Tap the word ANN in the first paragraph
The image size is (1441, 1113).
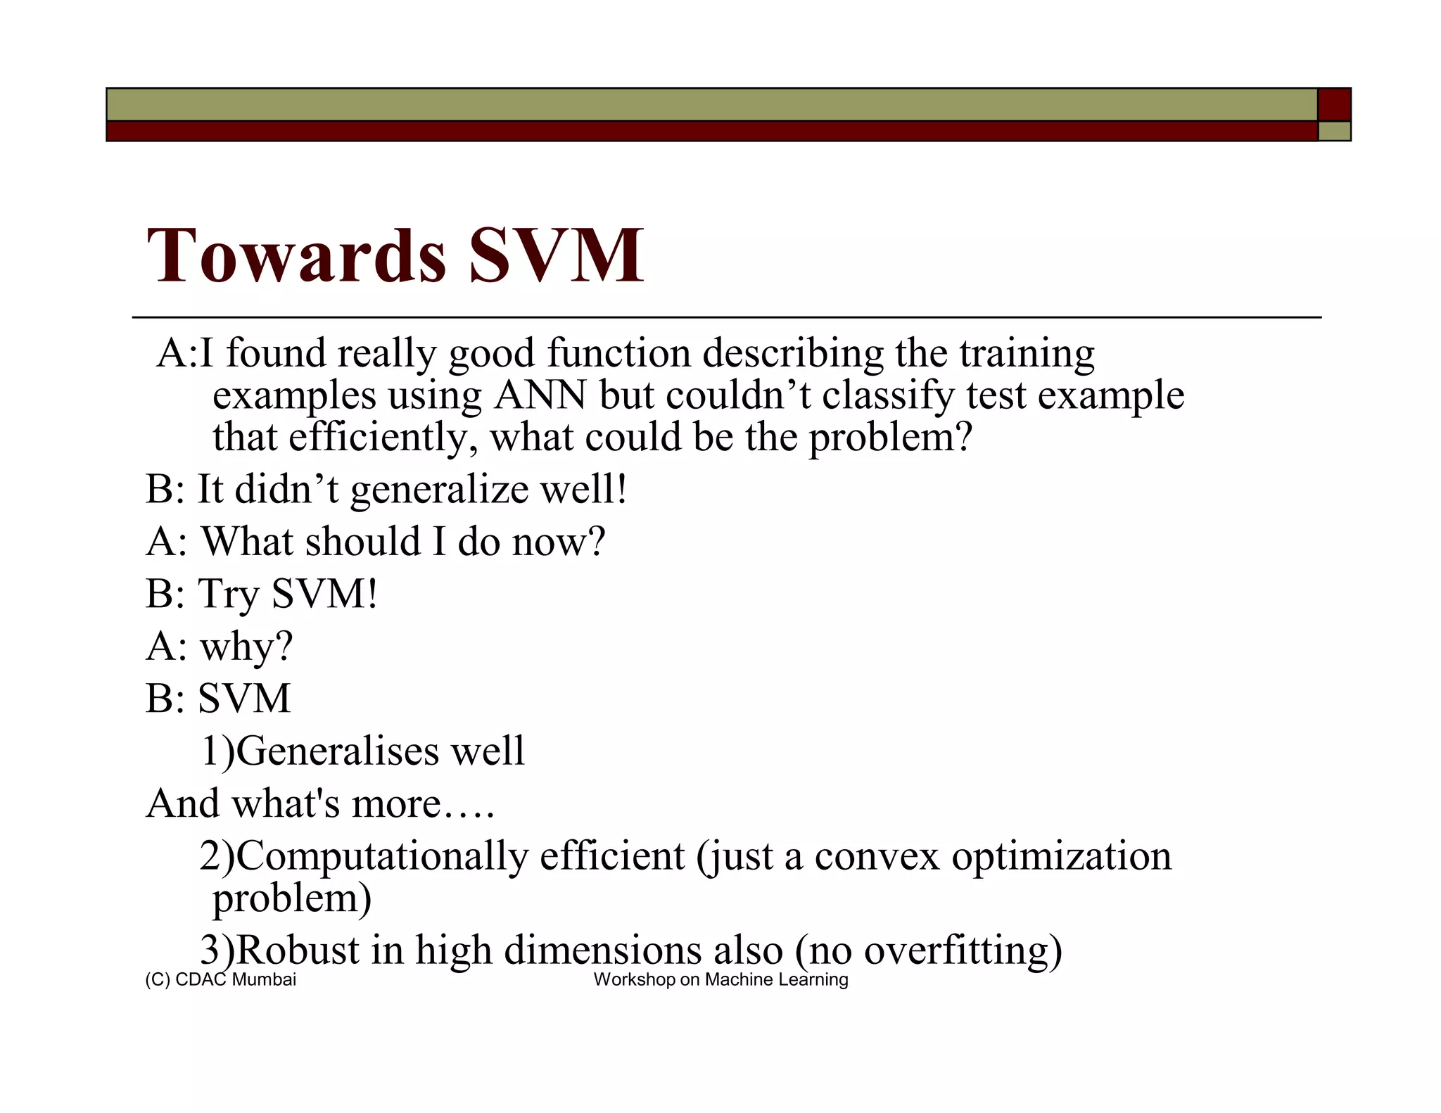(x=540, y=395)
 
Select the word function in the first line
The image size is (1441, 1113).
(x=619, y=353)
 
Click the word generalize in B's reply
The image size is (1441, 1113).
(x=438, y=490)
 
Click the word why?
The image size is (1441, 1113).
(x=246, y=647)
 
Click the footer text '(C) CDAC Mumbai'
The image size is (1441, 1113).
(x=220, y=980)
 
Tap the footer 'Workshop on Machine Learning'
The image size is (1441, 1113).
(x=720, y=980)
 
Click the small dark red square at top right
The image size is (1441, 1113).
(x=1333, y=105)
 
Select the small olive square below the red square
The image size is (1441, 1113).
(x=1333, y=132)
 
